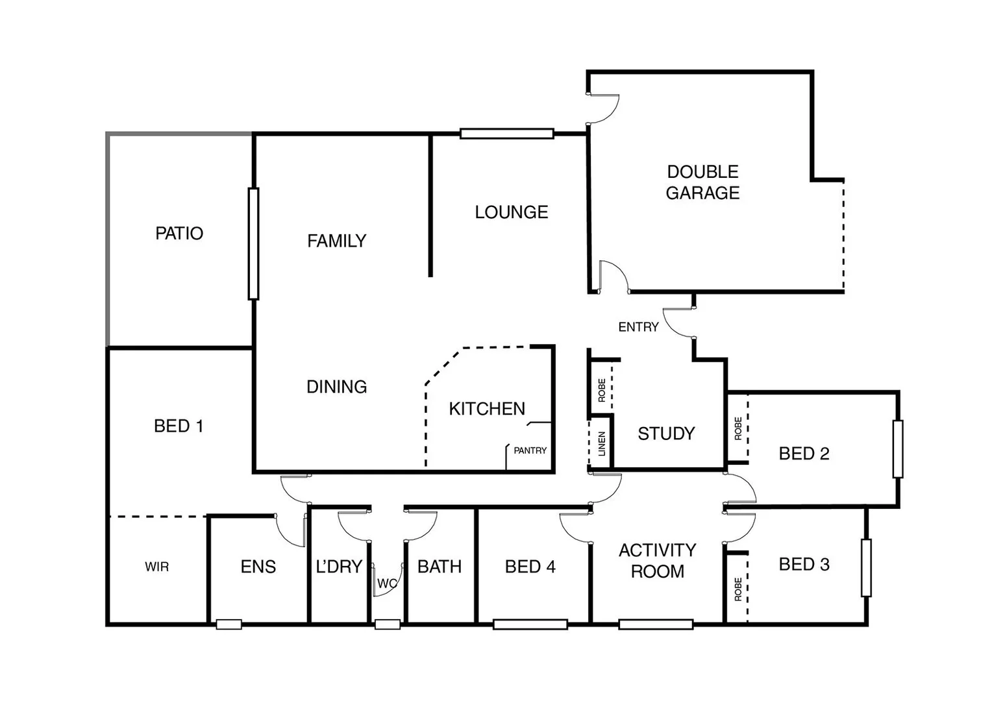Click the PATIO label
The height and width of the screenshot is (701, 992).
click(x=179, y=233)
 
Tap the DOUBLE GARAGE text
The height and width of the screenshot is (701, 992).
click(x=702, y=182)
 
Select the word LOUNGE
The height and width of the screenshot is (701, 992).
click(x=511, y=212)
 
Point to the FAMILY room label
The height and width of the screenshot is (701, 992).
click(x=336, y=241)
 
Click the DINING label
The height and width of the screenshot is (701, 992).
click(x=336, y=387)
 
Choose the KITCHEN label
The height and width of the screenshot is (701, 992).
click(x=487, y=409)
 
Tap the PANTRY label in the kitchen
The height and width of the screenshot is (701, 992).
click(x=530, y=450)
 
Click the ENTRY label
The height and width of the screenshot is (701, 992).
click(x=638, y=327)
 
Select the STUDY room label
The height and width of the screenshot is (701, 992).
click(x=666, y=434)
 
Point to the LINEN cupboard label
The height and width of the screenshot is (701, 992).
click(x=601, y=444)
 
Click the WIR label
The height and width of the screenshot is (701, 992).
click(x=156, y=567)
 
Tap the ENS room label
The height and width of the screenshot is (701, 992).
click(x=258, y=567)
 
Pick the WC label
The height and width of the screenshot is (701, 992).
click(x=386, y=584)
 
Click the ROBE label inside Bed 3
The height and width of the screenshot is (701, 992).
click(x=738, y=589)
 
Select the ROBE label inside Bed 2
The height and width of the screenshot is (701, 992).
click(x=738, y=428)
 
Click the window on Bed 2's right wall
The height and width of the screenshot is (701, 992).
click(x=898, y=449)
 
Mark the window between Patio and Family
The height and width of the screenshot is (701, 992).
click(x=253, y=243)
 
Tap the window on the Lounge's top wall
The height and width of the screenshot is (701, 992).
click(x=506, y=134)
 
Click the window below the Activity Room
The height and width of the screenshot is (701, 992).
click(x=656, y=624)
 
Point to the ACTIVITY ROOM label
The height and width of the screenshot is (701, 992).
click(x=657, y=561)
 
